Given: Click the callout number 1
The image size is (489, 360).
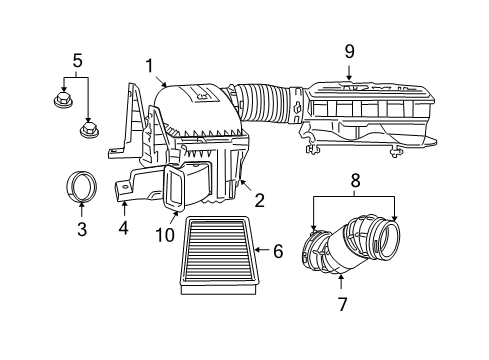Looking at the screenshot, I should click(149, 66).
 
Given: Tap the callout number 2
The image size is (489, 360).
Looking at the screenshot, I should click(259, 200).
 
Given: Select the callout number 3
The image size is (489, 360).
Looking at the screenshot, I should click(81, 229).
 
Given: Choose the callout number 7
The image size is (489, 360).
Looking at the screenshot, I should click(343, 302).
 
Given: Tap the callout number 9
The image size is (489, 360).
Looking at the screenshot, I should click(349, 50).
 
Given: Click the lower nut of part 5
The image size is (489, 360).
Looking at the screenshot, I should click(89, 130).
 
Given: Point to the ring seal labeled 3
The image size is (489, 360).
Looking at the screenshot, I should click(81, 187).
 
